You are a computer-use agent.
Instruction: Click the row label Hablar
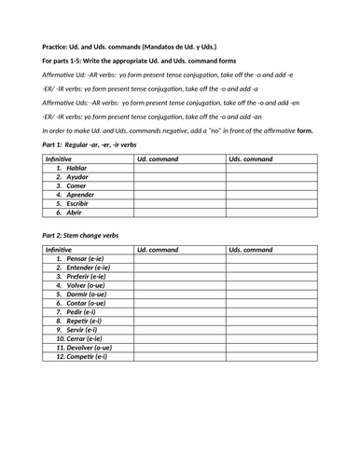[74, 168]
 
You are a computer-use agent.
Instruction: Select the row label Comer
[74, 185]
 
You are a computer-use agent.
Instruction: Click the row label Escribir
[76, 203]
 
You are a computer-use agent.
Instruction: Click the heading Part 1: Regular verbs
[90, 146]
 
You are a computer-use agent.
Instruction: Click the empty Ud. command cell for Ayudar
[177, 177]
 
